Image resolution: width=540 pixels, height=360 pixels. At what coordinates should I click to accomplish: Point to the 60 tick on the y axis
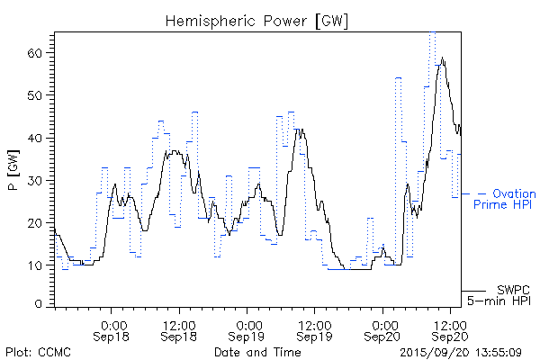coord(36,53)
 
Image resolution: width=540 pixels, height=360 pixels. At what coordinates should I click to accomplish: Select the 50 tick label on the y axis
coord(36,95)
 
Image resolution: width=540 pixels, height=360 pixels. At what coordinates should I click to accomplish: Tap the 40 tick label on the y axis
coord(36,138)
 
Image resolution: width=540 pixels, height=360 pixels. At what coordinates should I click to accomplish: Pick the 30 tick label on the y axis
coord(36,180)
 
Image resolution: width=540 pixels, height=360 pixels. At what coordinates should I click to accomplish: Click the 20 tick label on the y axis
coord(36,222)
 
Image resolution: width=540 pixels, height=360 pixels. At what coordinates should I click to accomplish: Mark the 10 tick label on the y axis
coord(36,265)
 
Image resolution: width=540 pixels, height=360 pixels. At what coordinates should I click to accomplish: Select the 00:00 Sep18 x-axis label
coord(112,329)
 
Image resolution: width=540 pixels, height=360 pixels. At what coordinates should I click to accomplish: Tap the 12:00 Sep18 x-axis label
coord(180,329)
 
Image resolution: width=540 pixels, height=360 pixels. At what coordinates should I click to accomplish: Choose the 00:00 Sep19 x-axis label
coord(247,329)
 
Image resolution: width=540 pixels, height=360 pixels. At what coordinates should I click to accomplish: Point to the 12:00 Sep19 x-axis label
coord(315,329)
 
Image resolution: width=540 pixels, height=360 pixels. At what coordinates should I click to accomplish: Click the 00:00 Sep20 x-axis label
coord(382,329)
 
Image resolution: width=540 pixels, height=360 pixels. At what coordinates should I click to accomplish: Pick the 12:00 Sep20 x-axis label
coord(450,329)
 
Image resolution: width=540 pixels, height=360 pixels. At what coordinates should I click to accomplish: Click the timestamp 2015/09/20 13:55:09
coord(460,351)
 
